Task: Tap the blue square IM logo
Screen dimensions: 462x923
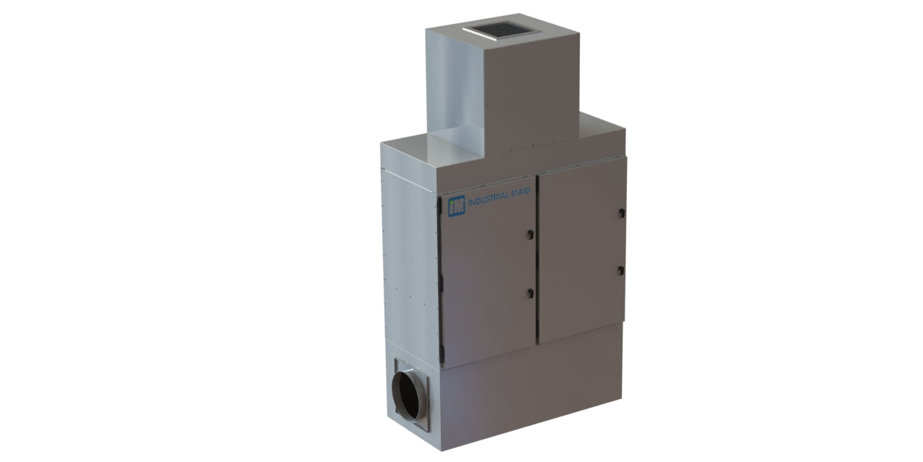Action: pyautogui.click(x=456, y=206)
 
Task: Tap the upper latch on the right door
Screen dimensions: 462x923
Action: pyautogui.click(x=621, y=213)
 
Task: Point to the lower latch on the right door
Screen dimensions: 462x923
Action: pyautogui.click(x=621, y=270)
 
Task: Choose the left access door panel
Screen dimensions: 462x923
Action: pyautogui.click(x=489, y=275)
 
